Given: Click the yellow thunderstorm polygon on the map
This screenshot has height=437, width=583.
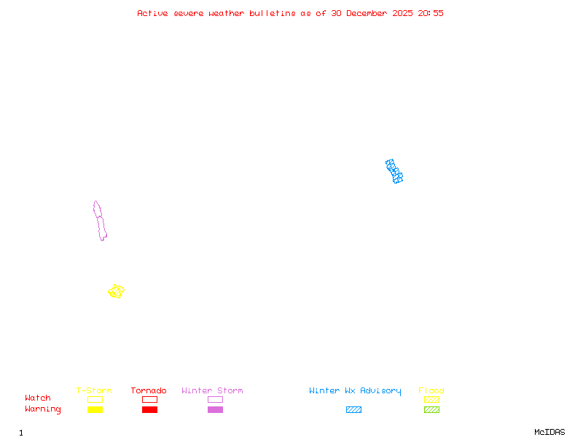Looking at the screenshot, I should (116, 291).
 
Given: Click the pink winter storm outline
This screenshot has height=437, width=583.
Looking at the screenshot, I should (100, 220).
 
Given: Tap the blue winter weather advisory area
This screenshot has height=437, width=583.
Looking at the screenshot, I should (394, 171).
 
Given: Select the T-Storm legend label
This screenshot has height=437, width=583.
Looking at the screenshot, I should (94, 391).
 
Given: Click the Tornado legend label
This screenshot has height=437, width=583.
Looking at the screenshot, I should (149, 391).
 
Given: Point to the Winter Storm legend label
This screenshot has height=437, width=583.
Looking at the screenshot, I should (212, 391).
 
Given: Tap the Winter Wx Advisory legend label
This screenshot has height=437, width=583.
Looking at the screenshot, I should (355, 391).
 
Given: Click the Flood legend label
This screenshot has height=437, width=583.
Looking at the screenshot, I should (431, 391).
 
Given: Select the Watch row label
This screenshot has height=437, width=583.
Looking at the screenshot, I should (38, 398).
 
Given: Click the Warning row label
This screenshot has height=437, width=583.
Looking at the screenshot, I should (43, 409).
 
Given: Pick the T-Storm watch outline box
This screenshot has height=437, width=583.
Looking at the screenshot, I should (95, 399).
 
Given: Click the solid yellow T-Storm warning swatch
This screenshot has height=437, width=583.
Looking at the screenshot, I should (95, 409).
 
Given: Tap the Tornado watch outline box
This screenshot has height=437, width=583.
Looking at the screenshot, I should (149, 399).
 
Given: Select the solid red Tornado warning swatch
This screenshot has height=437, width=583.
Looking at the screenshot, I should (149, 409).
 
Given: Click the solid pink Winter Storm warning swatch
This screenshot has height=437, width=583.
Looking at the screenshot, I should (215, 409).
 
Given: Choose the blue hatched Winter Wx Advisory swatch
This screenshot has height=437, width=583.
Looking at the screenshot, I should (353, 409).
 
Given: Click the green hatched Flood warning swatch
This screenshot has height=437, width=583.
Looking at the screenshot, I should (431, 409).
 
